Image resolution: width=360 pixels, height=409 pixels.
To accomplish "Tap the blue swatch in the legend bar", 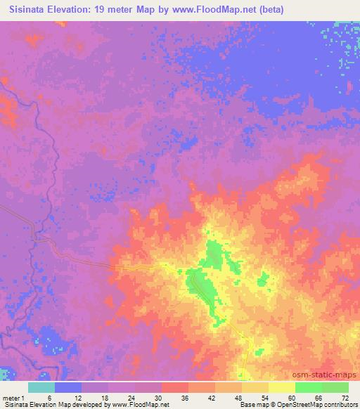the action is [69, 387].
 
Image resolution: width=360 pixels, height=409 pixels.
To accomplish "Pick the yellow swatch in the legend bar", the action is [281, 387].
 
